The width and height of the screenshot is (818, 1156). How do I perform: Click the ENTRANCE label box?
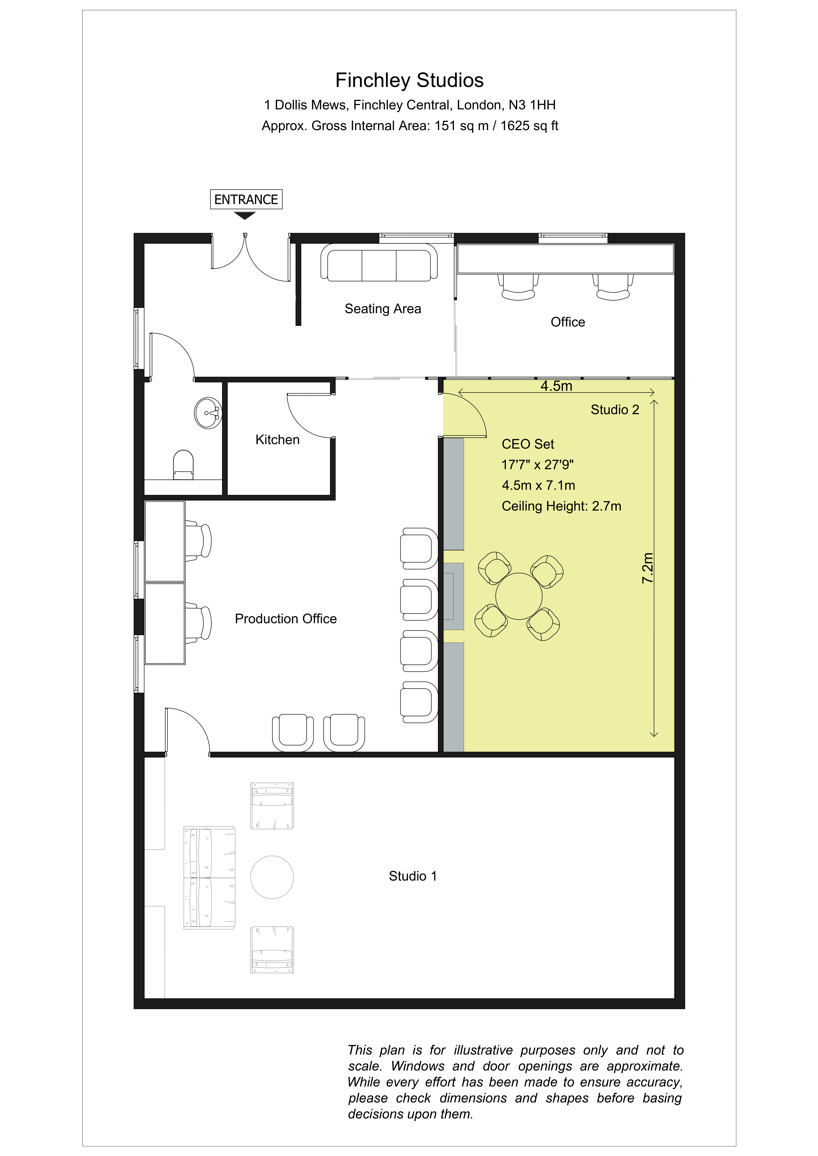pyautogui.click(x=246, y=199)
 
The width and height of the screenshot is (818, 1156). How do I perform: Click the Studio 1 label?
pyautogui.click(x=413, y=876)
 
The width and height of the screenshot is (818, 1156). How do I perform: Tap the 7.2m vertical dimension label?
pyautogui.click(x=647, y=568)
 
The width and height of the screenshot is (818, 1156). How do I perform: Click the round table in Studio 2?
pyautogui.click(x=519, y=596)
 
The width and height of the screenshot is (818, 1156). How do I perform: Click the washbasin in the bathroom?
pyautogui.click(x=208, y=413)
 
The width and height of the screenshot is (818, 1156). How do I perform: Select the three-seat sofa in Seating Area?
pyautogui.click(x=379, y=262)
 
